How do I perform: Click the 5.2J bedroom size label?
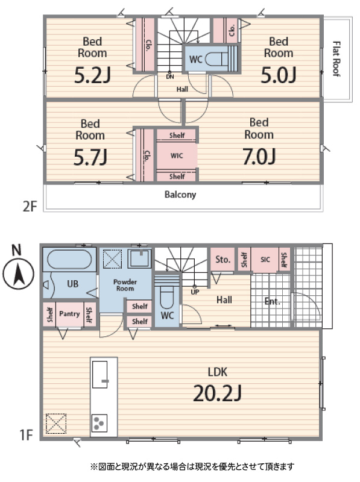point(92,75)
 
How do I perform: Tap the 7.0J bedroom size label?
point(259,157)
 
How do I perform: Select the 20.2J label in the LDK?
point(217,393)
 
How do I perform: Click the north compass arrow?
point(19,274)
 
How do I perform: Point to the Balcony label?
point(180,194)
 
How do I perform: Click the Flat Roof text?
point(336,58)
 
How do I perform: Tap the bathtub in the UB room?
point(69,259)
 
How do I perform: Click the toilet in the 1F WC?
point(167,298)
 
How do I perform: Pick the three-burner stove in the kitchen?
point(99,423)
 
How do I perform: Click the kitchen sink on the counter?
point(100,375)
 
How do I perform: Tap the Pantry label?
point(69,313)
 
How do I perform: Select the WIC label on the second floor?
point(177,156)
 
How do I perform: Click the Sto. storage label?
point(223,260)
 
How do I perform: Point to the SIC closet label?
point(265,260)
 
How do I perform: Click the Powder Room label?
point(125,285)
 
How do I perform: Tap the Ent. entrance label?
point(273,301)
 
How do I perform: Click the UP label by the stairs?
point(195,292)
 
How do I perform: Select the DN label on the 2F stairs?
point(170,77)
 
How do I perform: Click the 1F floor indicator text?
point(26,435)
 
